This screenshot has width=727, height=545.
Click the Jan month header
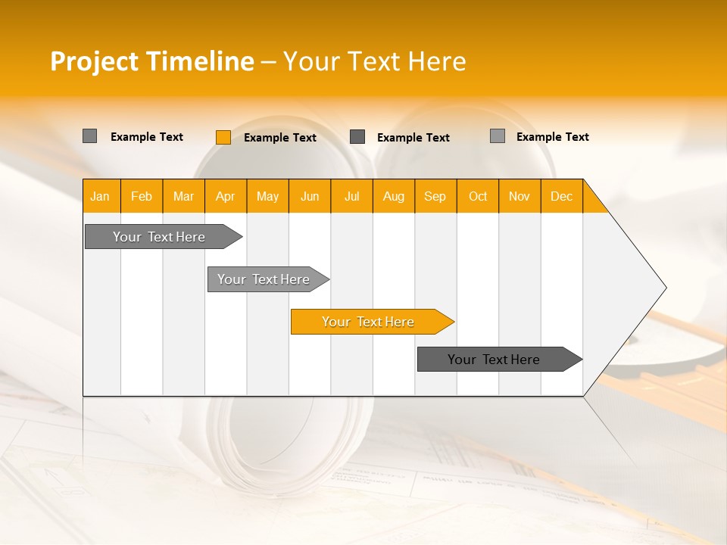(101, 196)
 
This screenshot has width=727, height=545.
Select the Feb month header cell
(142, 196)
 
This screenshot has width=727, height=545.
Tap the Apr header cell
(226, 196)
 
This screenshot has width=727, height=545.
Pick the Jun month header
(310, 196)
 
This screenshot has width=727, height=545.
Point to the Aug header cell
(394, 196)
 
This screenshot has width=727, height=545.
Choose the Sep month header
(435, 196)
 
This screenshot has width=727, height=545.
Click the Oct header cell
(478, 196)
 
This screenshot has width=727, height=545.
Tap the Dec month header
(562, 196)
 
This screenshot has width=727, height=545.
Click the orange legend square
(223, 137)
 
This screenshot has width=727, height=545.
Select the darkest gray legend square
(357, 137)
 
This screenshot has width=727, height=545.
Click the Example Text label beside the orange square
(280, 138)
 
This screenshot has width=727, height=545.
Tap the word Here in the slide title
(437, 61)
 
